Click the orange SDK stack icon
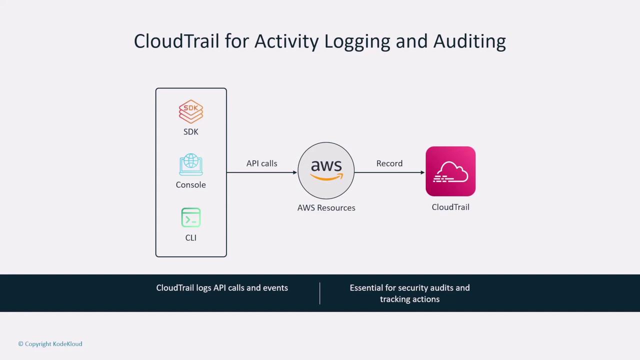pyautogui.click(x=191, y=112)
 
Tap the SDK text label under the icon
pyautogui.click(x=191, y=132)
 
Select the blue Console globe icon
pyautogui.click(x=191, y=165)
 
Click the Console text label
pyautogui.click(x=191, y=185)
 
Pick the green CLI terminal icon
pyautogui.click(x=191, y=218)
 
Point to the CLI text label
pyautogui.click(x=191, y=238)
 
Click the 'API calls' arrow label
pyautogui.click(x=261, y=163)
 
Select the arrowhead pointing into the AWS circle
pyautogui.click(x=295, y=172)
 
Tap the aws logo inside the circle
pyautogui.click(x=326, y=169)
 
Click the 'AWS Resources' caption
pyautogui.click(x=326, y=208)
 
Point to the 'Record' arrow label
pyautogui.click(x=389, y=163)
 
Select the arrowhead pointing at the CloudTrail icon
pyautogui.click(x=422, y=172)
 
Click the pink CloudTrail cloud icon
pyautogui.click(x=450, y=171)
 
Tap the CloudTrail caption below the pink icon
pyautogui.click(x=450, y=207)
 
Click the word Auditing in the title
pyautogui.click(x=469, y=41)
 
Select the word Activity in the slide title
pyautogui.click(x=286, y=41)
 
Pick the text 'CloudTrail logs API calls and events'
pyautogui.click(x=222, y=288)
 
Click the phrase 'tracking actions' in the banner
pyautogui.click(x=409, y=299)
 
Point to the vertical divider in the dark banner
pyautogui.click(x=319, y=293)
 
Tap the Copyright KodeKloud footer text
pyautogui.click(x=50, y=344)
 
